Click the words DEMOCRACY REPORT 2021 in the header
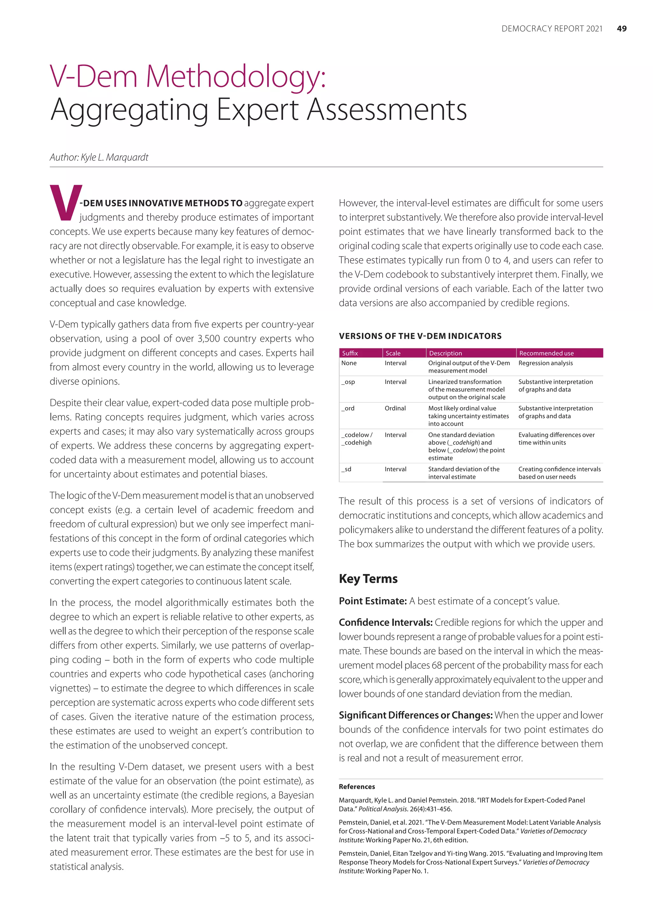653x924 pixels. click(552, 29)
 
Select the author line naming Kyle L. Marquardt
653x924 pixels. click(99, 157)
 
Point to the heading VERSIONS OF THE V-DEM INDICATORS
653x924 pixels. click(420, 336)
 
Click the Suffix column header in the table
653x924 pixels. click(350, 353)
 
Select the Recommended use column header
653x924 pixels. click(546, 353)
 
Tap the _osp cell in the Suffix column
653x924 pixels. click(348, 382)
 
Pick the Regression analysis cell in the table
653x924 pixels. click(545, 363)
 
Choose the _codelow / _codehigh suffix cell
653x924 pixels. click(357, 439)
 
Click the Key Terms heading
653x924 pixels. click(368, 579)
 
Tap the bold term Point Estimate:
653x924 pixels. click(373, 601)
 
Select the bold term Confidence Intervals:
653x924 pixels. click(385, 622)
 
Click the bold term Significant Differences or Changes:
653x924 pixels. click(415, 715)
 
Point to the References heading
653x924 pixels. click(357, 787)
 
